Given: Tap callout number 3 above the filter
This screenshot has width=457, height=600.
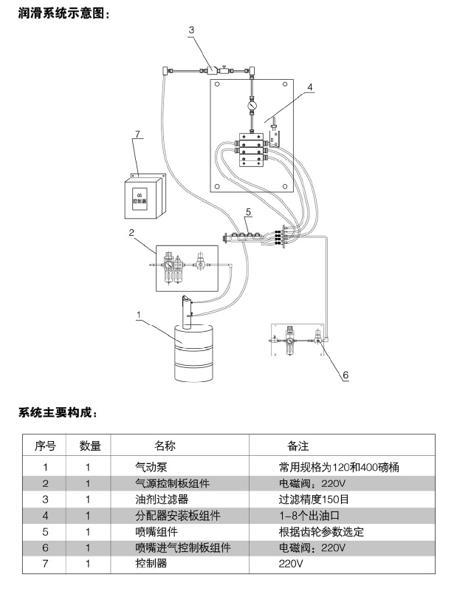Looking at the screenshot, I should tap(191, 30).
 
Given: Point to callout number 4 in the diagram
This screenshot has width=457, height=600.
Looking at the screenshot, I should tap(310, 87).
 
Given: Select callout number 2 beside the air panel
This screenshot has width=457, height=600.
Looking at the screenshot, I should tap(131, 233).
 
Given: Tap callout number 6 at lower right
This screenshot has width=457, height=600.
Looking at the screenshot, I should tap(344, 375).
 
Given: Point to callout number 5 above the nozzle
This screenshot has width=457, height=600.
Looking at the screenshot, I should tap(248, 212).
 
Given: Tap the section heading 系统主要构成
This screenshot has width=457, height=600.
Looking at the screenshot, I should tap(58, 412).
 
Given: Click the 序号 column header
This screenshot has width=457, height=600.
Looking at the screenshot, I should tap(46, 446).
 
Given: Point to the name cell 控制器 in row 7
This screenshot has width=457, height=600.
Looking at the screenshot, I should tap(151, 564).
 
